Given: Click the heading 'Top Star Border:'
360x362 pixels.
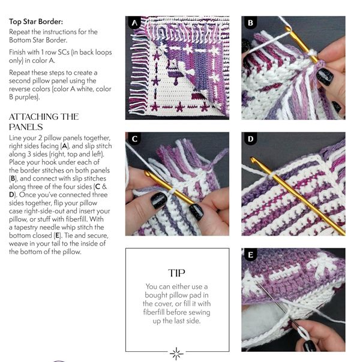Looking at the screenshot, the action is click(36, 22).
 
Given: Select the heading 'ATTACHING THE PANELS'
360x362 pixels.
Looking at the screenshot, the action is click(44, 122).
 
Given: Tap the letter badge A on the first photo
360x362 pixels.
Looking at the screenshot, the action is click(134, 23).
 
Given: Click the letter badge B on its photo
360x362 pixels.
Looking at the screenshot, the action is click(250, 23).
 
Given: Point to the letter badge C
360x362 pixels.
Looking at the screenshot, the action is click(134, 139).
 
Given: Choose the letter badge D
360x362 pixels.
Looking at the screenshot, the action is click(250, 139).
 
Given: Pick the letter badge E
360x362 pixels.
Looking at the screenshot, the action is click(250, 255).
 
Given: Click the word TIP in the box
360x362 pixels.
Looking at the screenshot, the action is click(176, 273).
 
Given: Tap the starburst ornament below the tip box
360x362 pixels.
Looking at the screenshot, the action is click(176, 354).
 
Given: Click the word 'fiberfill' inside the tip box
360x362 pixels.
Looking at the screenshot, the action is click(154, 312).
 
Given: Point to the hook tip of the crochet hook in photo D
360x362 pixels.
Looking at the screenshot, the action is click(253, 159).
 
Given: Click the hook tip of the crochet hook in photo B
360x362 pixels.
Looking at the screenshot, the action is click(287, 28).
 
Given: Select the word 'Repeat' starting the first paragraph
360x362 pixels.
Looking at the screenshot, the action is click(19, 32).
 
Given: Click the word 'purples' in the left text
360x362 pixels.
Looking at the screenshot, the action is click(25, 97).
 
